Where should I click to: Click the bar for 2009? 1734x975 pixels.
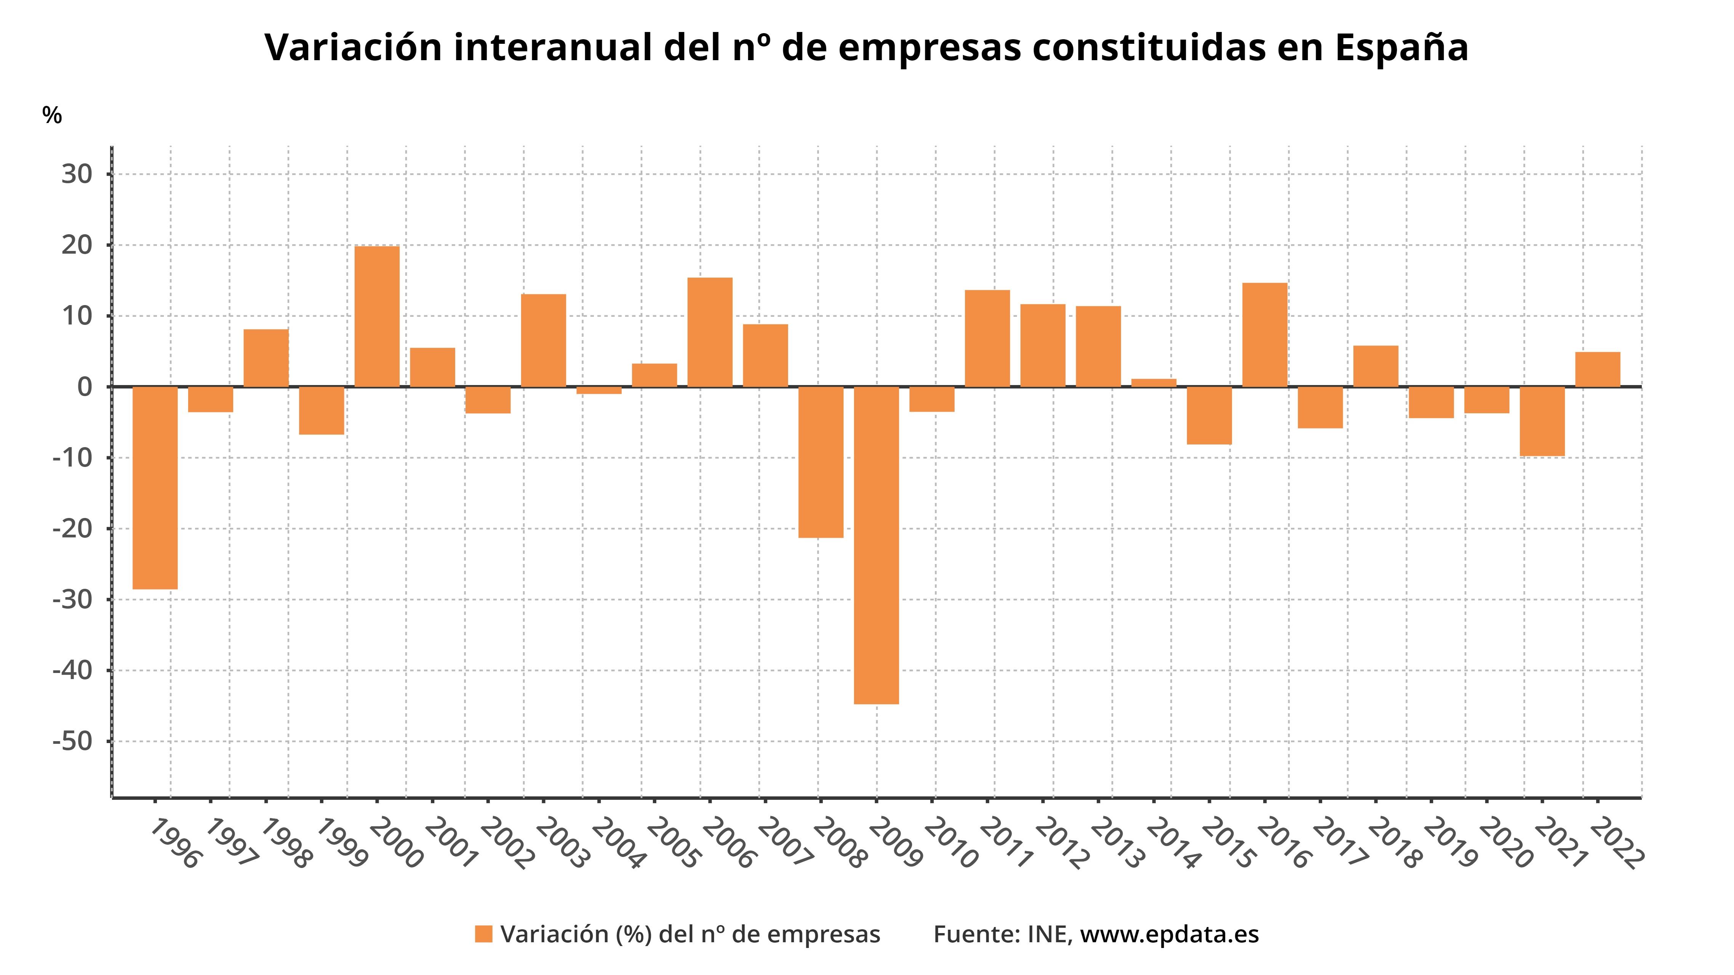tap(877, 545)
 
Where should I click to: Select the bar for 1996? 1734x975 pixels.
tap(155, 488)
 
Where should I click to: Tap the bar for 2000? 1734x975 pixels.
tap(377, 316)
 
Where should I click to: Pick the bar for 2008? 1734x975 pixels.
tap(821, 462)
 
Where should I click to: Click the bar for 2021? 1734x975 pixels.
tap(1542, 421)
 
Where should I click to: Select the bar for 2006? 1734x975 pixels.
tap(710, 332)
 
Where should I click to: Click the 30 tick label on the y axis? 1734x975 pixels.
tap(76, 174)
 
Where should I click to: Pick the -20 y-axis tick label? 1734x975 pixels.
tap(72, 528)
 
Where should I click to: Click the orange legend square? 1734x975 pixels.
tap(483, 934)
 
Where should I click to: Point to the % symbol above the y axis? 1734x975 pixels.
tap(52, 115)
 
